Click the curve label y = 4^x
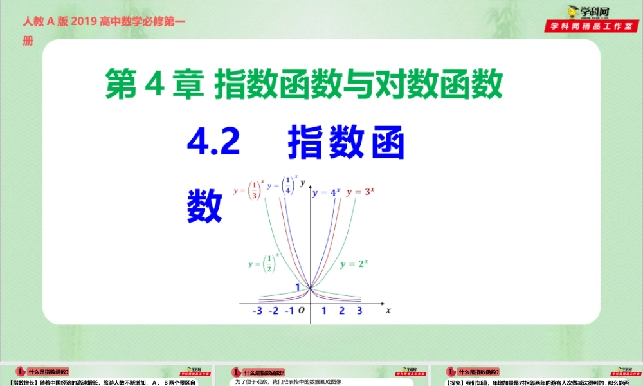coord(326,192)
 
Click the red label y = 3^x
coord(360,192)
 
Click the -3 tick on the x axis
coord(258,311)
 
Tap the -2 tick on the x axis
coord(273,311)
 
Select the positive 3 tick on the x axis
coord(359,311)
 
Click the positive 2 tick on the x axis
coord(341,311)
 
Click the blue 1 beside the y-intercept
coord(298,286)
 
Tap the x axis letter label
coord(388,310)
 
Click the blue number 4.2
coord(213,143)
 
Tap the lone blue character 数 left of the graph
coord(205,205)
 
